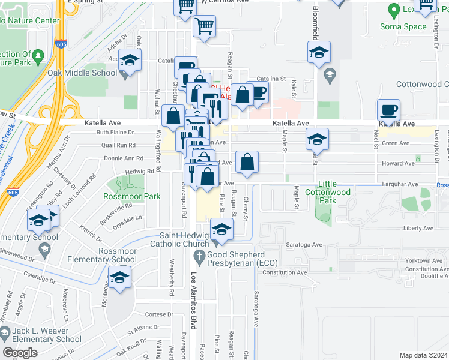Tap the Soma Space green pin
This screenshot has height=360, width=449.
[394, 10]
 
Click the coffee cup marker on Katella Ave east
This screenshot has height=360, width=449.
[388, 110]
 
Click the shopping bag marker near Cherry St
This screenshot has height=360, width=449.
[247, 162]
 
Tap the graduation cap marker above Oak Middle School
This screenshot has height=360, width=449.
[130, 61]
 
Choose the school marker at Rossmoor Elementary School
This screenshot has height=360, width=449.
[119, 277]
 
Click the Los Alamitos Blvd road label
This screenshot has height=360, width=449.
[193, 303]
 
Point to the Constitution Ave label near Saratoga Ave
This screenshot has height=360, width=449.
[285, 272]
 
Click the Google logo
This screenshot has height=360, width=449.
[20, 353]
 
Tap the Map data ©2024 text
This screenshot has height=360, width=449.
[423, 355]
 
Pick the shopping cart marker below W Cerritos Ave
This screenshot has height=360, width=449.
[204, 26]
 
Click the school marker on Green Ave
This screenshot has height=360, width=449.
[317, 140]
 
